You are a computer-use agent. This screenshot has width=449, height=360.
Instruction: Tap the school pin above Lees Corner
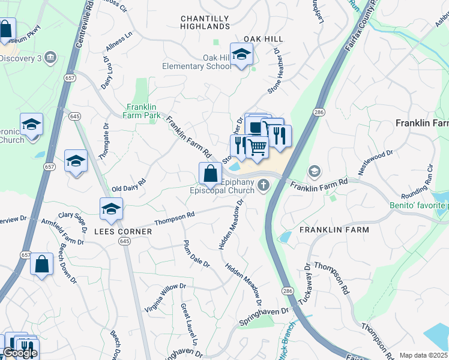click(111, 209)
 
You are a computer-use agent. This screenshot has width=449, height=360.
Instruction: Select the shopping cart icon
click(258, 146)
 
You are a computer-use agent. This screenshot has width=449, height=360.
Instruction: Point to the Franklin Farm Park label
click(142, 110)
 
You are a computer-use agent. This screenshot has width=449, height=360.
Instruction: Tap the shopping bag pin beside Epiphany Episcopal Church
click(210, 174)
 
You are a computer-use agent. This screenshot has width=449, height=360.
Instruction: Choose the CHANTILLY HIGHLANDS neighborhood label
click(205, 23)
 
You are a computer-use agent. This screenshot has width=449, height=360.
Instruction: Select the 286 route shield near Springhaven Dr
click(285, 290)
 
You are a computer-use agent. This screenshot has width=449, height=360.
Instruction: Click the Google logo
click(20, 353)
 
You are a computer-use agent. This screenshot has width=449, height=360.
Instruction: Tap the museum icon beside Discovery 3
click(50, 58)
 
